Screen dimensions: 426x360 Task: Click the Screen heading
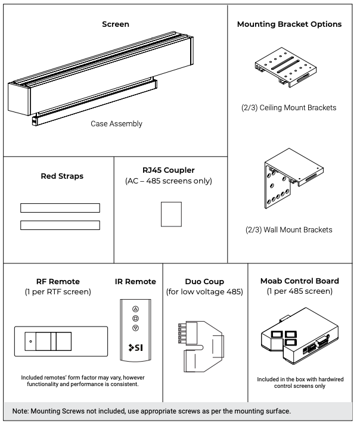point(116,25)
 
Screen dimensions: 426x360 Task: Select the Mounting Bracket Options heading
point(289,25)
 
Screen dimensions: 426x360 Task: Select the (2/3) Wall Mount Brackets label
point(289,229)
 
